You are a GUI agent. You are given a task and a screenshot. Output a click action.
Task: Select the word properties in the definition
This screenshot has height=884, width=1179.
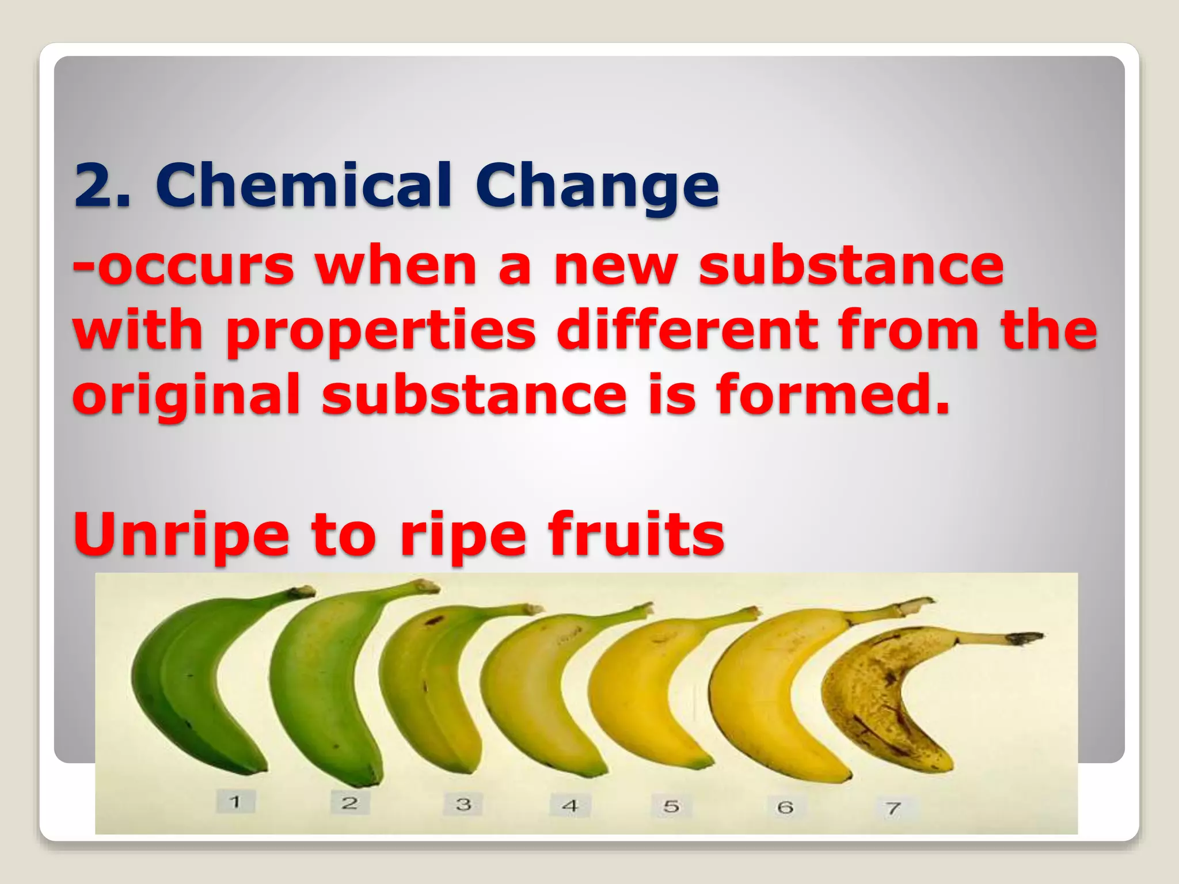(x=381, y=332)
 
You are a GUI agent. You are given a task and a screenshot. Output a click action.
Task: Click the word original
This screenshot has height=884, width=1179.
(x=186, y=396)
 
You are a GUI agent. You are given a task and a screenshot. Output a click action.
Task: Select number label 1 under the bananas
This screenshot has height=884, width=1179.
(x=235, y=801)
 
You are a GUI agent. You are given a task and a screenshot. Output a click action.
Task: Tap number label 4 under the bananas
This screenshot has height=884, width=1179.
(x=570, y=805)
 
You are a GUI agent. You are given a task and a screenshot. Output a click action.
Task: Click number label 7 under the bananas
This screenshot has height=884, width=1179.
(x=893, y=808)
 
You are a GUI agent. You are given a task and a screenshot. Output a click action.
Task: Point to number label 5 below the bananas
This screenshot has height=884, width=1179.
(x=671, y=806)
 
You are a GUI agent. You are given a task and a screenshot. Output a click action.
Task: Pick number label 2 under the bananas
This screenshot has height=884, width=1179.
(x=349, y=802)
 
